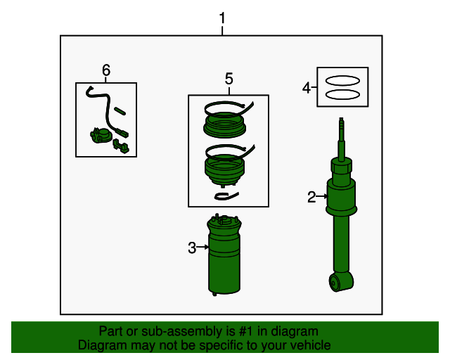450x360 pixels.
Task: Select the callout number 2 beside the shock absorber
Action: (312, 197)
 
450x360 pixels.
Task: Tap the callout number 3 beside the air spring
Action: (191, 247)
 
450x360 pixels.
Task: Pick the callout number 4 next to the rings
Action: (306, 87)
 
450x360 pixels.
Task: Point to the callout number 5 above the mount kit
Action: (229, 79)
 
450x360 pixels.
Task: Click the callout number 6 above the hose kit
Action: (106, 70)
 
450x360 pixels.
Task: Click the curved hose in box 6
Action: (99, 105)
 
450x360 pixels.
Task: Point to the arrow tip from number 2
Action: (328, 197)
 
